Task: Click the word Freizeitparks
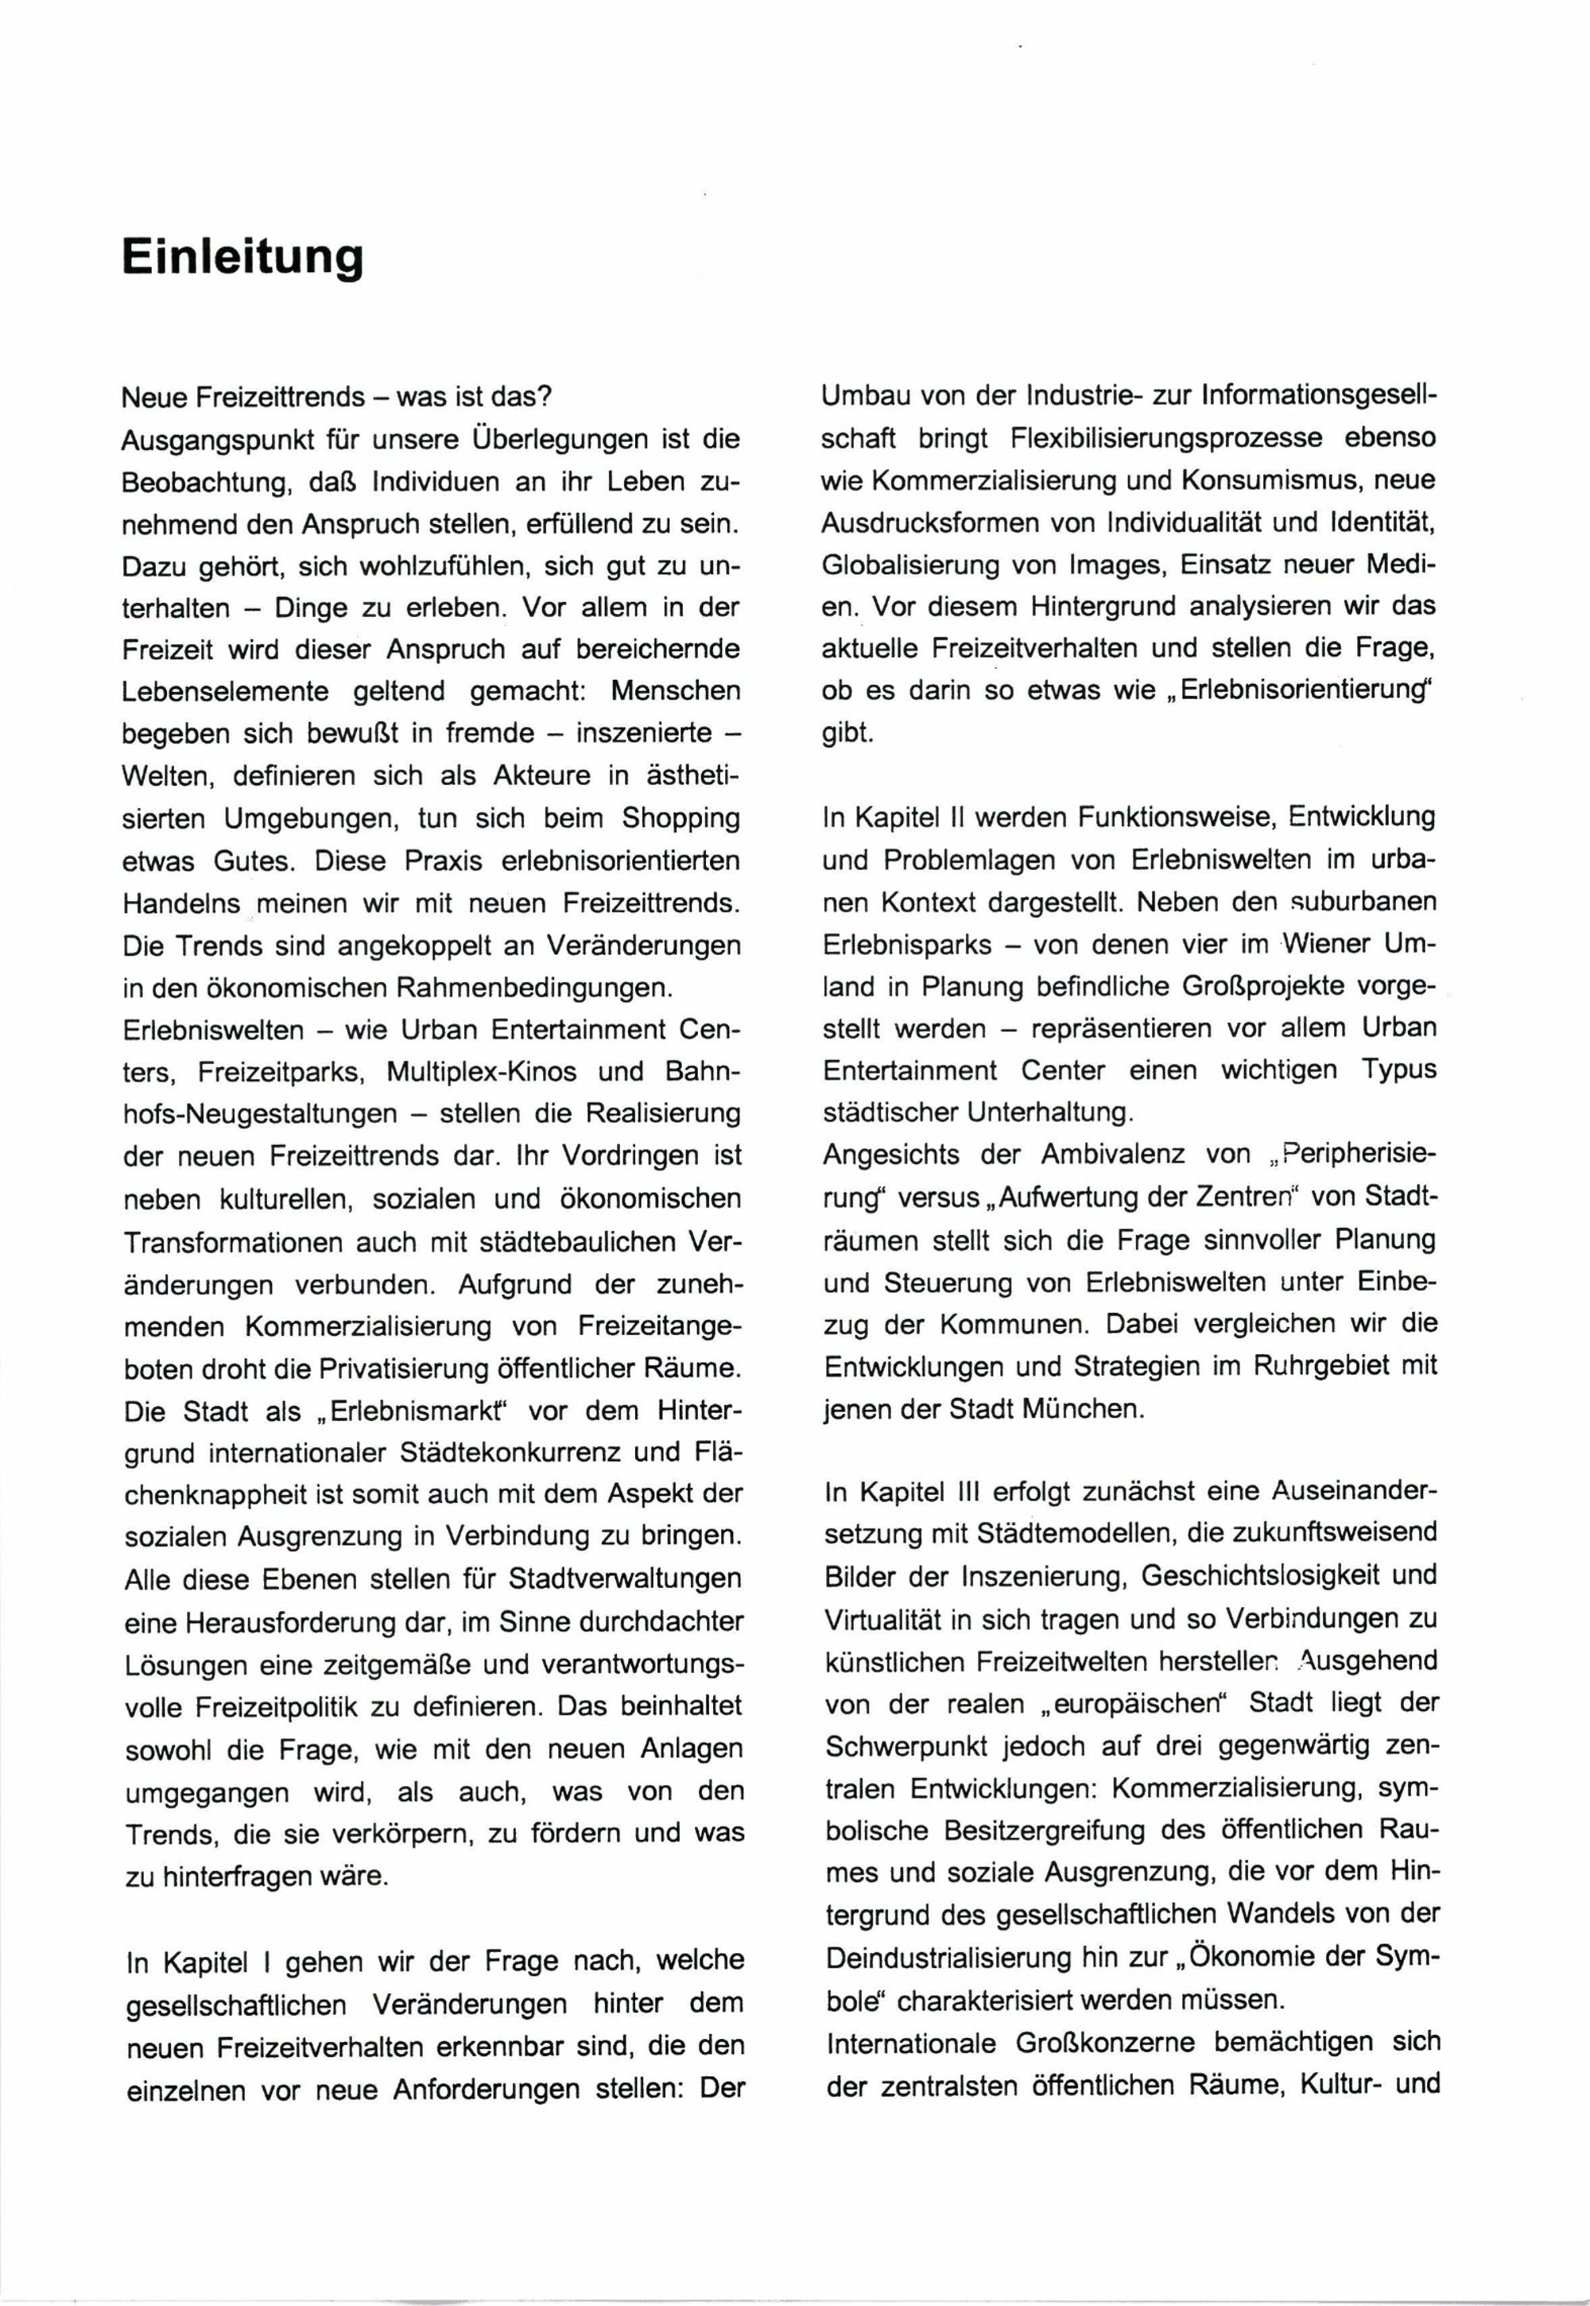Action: coord(282,1072)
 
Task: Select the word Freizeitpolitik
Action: coord(240,1707)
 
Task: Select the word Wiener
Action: coord(1321,944)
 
